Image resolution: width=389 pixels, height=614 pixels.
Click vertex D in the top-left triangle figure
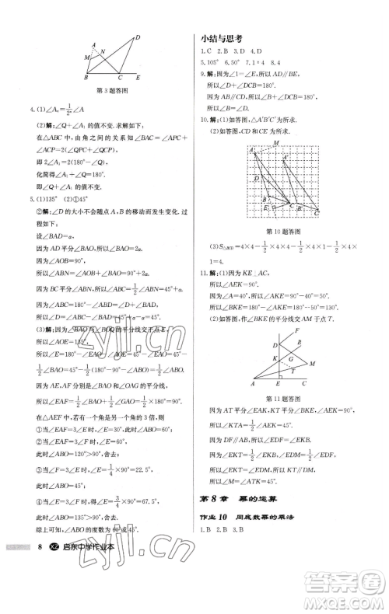pos(136,37)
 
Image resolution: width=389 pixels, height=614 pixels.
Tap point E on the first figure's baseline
pos(137,78)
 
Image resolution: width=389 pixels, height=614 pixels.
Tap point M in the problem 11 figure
pos(313,362)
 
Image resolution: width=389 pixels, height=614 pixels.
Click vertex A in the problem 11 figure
pos(254,385)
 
